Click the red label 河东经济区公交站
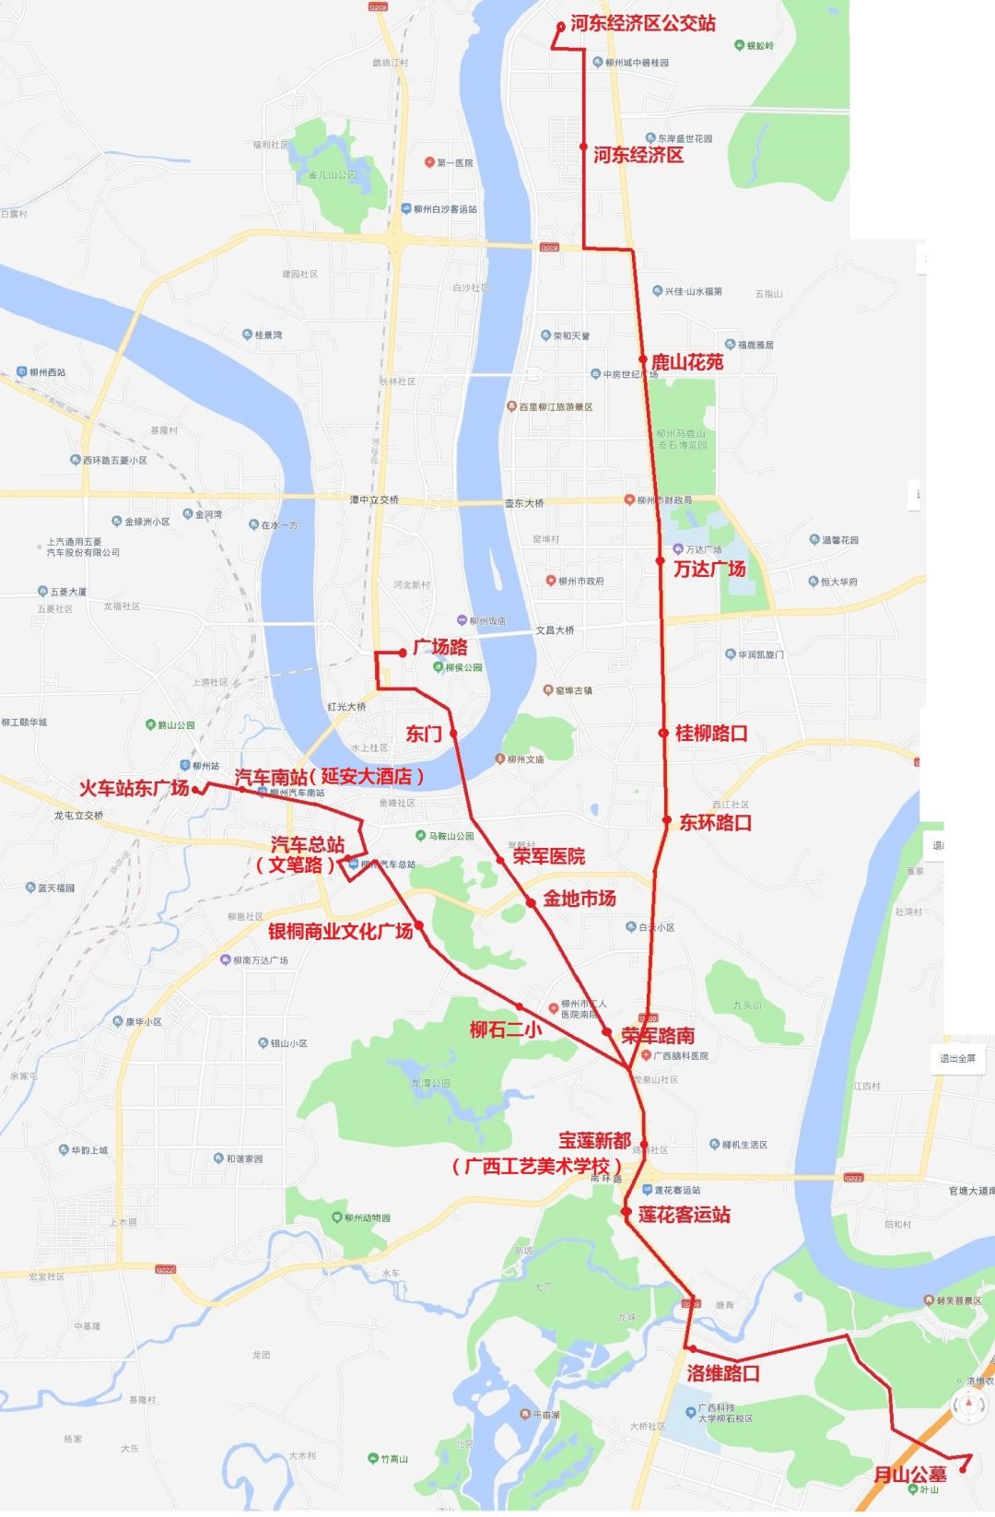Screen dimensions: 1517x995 [x=642, y=24]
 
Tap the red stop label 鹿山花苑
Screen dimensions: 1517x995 [x=687, y=363]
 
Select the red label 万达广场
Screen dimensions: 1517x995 [x=709, y=570]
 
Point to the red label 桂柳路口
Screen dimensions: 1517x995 [x=711, y=734]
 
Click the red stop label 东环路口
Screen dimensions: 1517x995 [x=716, y=823]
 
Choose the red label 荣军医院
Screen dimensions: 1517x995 [x=549, y=857]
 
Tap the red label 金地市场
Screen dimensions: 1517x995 [x=579, y=899]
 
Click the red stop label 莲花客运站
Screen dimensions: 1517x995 [x=685, y=1215]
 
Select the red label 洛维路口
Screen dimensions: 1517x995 [x=723, y=1373]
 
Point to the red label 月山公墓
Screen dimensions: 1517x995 [x=910, y=1475]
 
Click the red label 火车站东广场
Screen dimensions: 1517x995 [x=134, y=789]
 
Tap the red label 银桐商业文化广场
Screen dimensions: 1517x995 [x=341, y=932]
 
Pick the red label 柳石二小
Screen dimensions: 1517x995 [x=506, y=1029]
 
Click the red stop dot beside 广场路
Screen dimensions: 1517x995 [x=403, y=653]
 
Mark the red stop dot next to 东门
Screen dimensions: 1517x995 [x=453, y=734]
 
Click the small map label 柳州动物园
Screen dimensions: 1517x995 [x=367, y=1217]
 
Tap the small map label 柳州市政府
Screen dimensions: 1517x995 [x=580, y=582]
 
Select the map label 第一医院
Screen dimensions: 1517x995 [x=454, y=163]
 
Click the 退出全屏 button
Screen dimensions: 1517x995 [x=957, y=1058]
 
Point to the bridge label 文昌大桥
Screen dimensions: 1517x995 [x=555, y=630]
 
